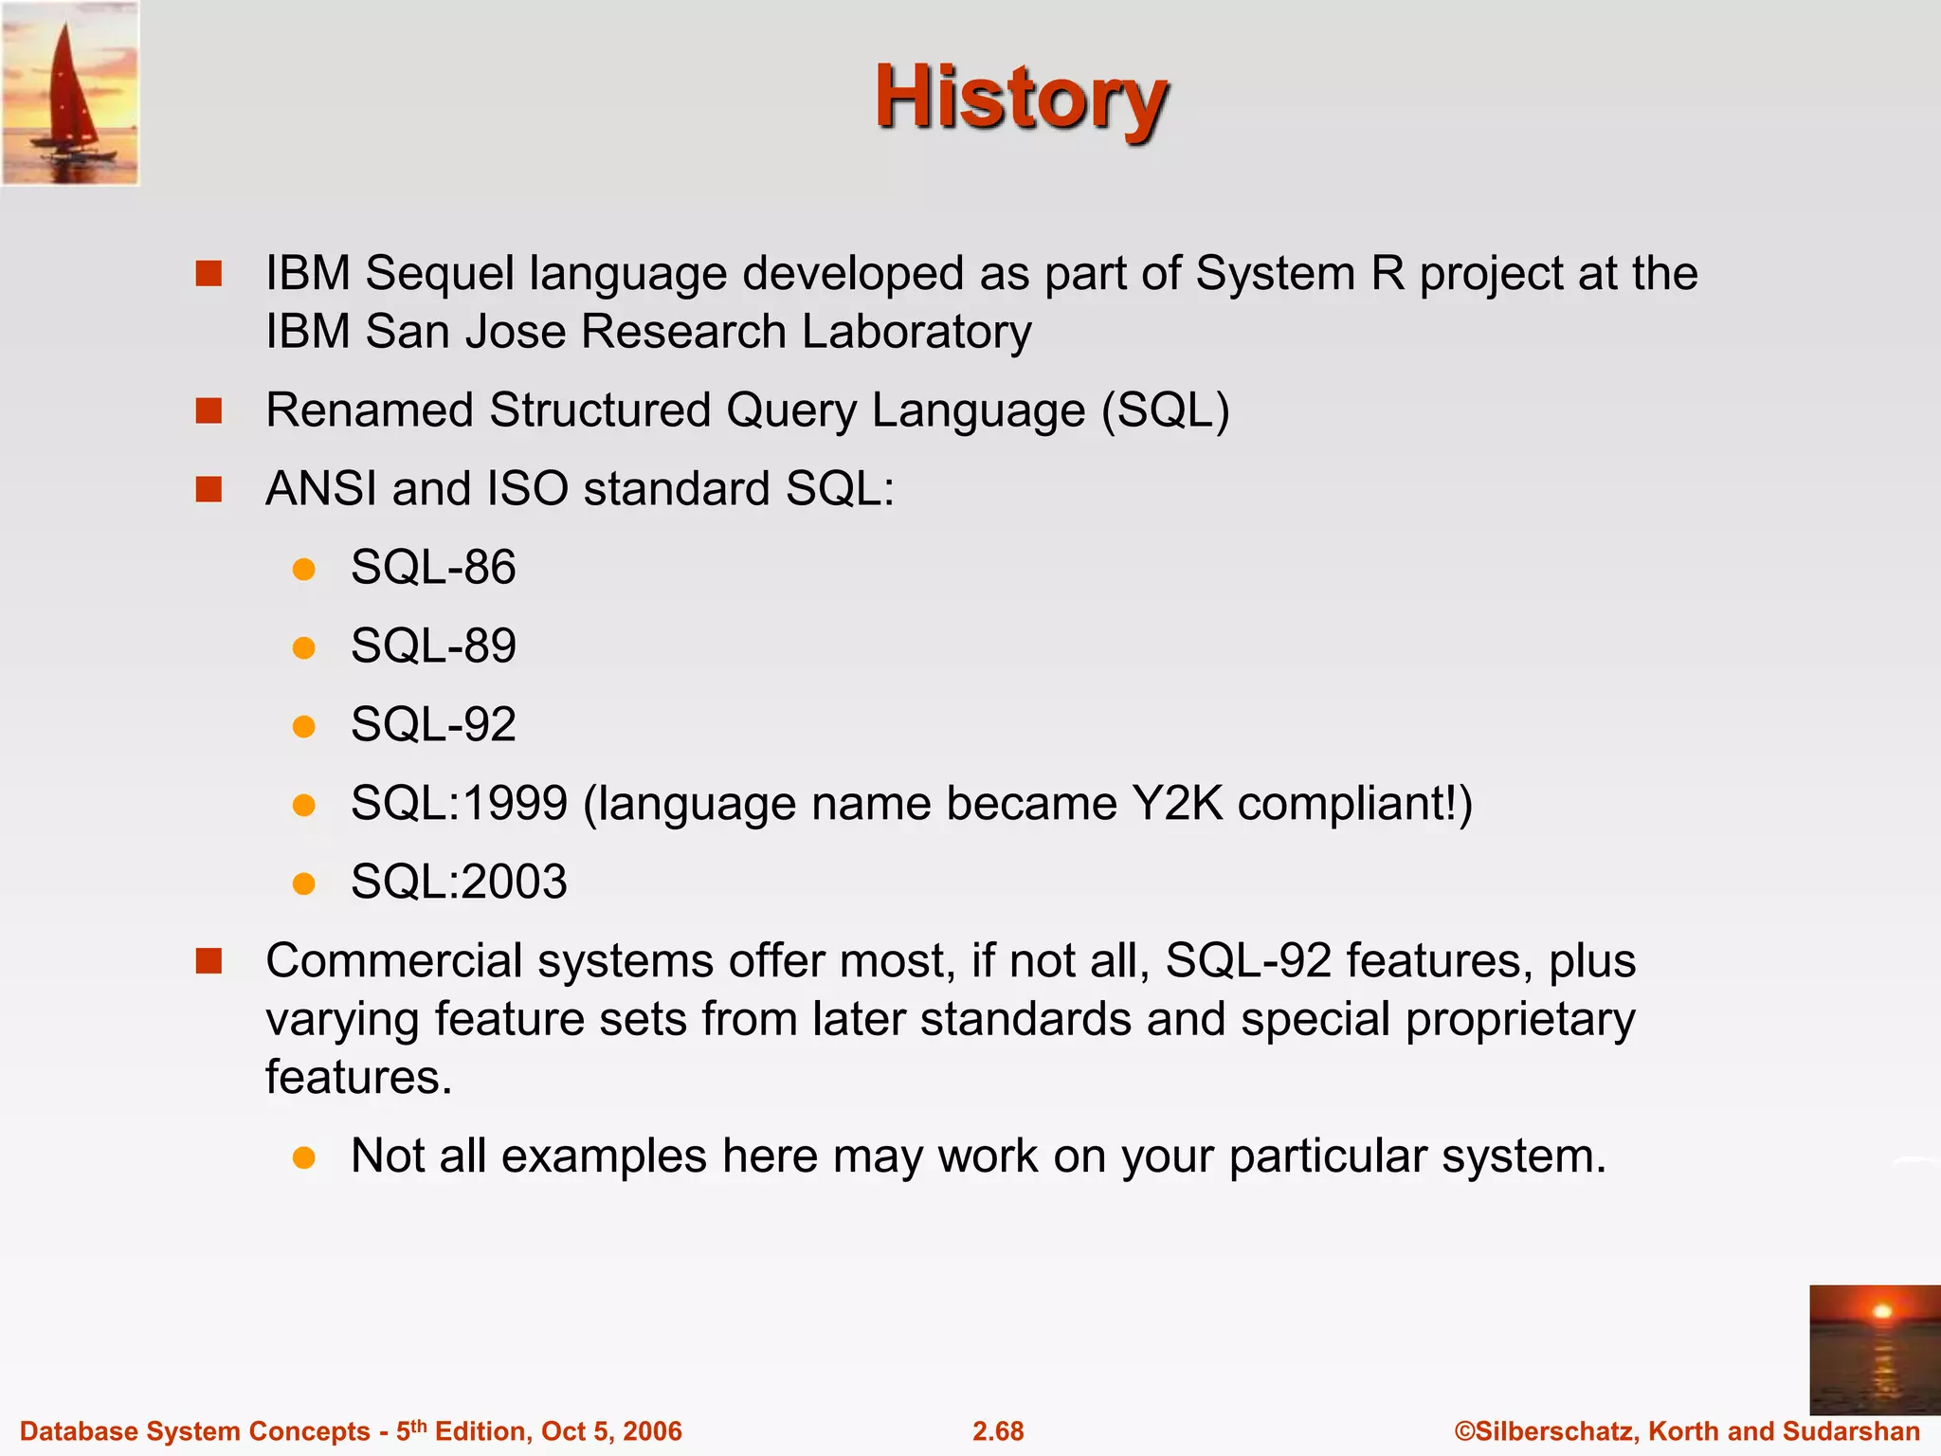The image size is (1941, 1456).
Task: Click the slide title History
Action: (x=1020, y=99)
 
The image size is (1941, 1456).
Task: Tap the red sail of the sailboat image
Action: (x=66, y=90)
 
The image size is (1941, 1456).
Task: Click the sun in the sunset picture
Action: (x=1882, y=1311)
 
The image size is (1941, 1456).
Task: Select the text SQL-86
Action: (x=433, y=568)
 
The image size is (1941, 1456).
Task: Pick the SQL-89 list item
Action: (x=433, y=646)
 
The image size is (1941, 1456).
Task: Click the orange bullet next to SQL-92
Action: (x=303, y=727)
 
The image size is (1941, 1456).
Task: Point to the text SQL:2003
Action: (x=459, y=883)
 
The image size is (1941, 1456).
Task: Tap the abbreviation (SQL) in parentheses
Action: (x=1165, y=411)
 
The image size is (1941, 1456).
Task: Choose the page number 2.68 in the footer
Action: (x=998, y=1431)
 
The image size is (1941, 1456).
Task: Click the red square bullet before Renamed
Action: (x=209, y=411)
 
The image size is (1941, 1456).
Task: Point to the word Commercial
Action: (x=394, y=961)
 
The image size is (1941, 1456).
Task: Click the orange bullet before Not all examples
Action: (x=303, y=1157)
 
